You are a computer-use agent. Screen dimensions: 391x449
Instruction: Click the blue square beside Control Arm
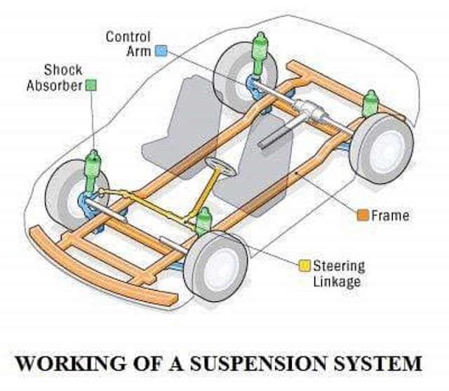coord(161,51)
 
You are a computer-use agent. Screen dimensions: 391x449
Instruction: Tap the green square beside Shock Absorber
coord(91,85)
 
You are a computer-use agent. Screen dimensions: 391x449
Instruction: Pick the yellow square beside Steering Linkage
coord(304,266)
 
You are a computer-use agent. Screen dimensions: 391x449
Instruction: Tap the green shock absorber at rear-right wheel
coord(370,103)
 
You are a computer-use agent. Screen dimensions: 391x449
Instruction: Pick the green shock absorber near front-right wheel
coord(203,221)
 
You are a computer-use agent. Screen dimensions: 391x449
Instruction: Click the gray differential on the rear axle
coord(308,110)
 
